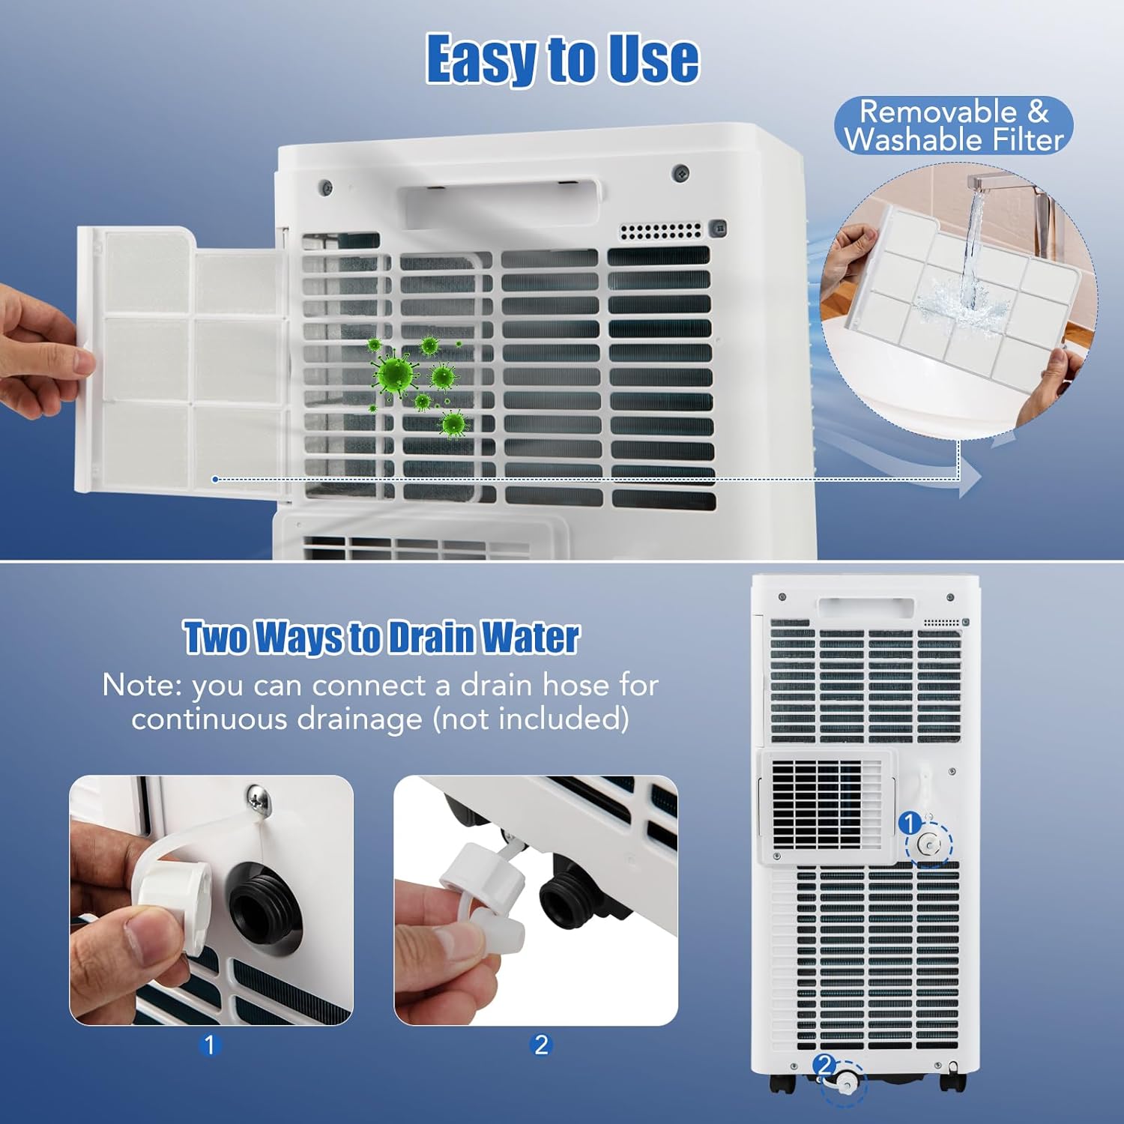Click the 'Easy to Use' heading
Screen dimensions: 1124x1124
pyautogui.click(x=562, y=59)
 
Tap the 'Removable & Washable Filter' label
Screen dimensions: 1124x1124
pyautogui.click(x=953, y=126)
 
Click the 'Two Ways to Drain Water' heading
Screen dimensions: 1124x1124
pyautogui.click(x=381, y=638)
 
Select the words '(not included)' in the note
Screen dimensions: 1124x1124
pyautogui.click(x=531, y=719)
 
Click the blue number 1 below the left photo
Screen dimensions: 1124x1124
pyautogui.click(x=209, y=1045)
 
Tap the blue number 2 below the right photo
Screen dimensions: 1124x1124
pyautogui.click(x=540, y=1045)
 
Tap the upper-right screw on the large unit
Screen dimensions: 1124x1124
pyautogui.click(x=680, y=172)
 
